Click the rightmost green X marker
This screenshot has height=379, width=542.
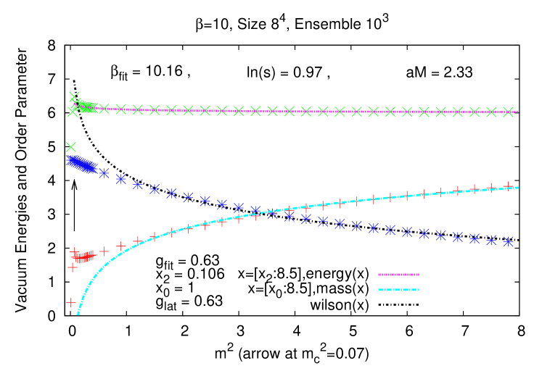coord(508,112)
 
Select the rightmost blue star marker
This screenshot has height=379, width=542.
coord(508,241)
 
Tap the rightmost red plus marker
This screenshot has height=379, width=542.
coord(508,186)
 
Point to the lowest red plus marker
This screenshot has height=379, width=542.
coord(71,302)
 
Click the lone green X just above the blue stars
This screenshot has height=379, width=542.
coord(71,147)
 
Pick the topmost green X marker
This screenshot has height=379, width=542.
coord(74,96)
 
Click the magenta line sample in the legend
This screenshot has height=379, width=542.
coord(398,275)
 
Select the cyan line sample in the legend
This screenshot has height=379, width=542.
coord(398,290)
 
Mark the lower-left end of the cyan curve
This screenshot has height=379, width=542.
coord(78,313)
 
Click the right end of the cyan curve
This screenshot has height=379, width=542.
coord(518,187)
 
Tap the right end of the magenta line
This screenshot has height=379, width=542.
coord(518,112)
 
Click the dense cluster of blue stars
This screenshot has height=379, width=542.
coord(80,164)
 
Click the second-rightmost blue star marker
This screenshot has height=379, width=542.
coord(491,240)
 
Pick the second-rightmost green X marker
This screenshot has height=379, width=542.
coord(491,112)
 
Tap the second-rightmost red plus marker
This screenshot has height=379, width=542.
coord(491,187)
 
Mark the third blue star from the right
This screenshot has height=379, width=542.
coord(475,238)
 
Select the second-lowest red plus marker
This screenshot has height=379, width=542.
coord(73,267)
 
